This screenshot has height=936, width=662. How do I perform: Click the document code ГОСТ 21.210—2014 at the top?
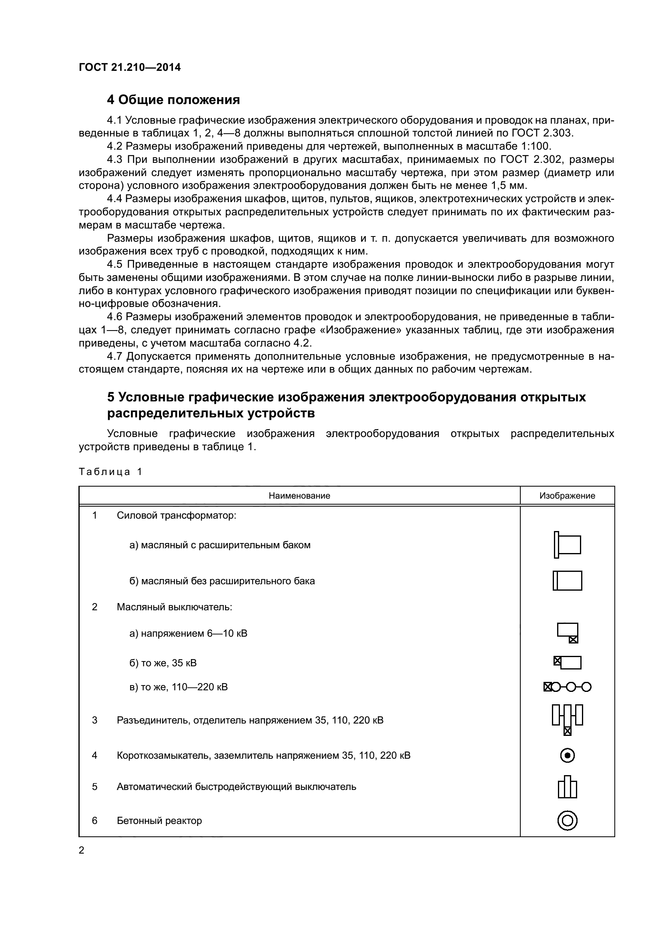130,67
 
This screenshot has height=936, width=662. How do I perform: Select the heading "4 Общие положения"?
173,100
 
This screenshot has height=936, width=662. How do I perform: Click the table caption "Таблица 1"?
110,472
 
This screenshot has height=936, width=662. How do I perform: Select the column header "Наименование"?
299,496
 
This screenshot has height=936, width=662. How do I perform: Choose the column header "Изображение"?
567,496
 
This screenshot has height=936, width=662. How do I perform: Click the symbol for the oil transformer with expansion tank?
568,545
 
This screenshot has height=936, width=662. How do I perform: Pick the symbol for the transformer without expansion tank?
568,581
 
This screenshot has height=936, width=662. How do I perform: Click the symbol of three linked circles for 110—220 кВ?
568,687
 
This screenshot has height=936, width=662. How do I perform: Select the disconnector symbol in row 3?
568,720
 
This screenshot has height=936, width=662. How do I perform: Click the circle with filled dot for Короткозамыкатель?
568,756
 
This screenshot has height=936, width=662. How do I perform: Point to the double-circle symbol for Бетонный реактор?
568,820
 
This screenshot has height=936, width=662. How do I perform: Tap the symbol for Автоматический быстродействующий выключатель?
568,787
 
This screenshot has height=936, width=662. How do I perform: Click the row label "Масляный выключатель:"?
175,607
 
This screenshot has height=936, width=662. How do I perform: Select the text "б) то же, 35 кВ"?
163,663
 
